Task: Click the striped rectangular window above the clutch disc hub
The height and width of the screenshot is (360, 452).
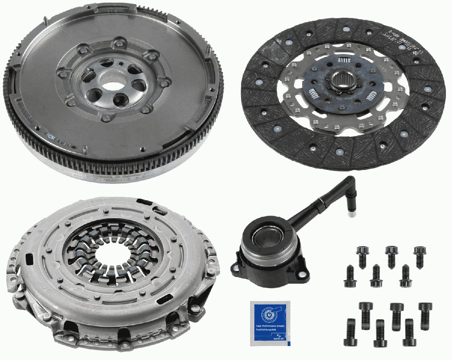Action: [x=344, y=60]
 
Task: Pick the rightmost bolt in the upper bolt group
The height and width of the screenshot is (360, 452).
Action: [x=419, y=256]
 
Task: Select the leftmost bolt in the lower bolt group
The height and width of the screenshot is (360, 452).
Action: [x=350, y=332]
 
